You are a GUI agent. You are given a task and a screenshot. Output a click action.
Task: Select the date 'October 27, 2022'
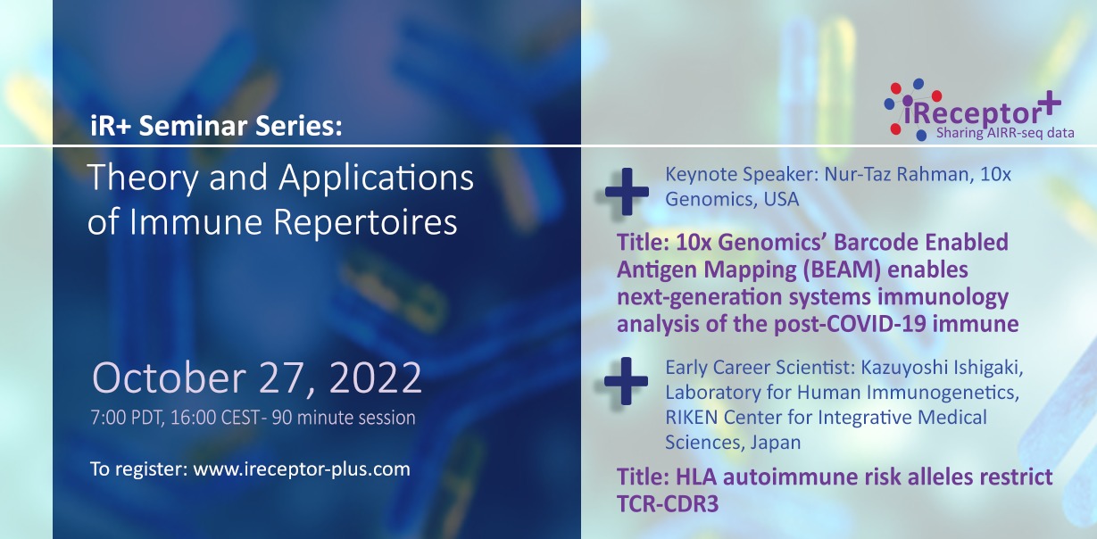257,378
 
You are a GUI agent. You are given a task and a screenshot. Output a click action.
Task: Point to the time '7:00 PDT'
125,418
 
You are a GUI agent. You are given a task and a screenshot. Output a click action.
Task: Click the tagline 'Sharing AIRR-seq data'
1004,134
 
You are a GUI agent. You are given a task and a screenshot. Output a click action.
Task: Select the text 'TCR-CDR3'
667,503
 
